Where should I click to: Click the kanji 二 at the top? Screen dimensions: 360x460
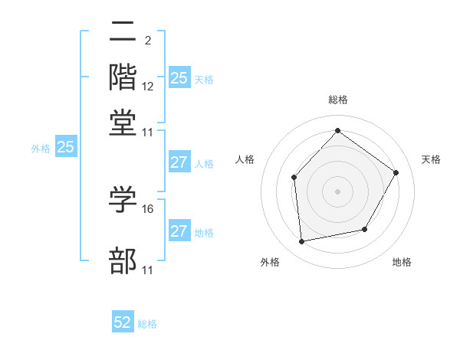[123, 33]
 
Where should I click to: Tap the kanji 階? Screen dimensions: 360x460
[123, 78]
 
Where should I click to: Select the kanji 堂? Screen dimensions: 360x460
[123, 123]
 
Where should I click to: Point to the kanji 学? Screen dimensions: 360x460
[123, 201]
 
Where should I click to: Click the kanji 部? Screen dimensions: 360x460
[123, 261]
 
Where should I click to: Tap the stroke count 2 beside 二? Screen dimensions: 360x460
[147, 41]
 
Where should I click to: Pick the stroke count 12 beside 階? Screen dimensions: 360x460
[148, 87]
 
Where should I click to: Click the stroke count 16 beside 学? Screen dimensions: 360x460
[148, 208]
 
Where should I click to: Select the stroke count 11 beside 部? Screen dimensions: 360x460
[148, 270]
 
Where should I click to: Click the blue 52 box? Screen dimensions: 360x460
[123, 323]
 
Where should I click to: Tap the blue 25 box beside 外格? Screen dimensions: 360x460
[65, 148]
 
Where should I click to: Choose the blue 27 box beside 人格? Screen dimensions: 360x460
[179, 162]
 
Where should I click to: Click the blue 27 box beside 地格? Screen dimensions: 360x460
[179, 231]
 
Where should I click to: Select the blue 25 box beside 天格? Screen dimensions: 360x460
[179, 78]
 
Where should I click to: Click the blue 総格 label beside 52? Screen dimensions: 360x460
[147, 324]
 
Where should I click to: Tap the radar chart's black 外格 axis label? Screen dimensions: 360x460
[270, 263]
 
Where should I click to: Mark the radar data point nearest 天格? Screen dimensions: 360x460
[396, 172]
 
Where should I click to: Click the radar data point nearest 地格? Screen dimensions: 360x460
[365, 229]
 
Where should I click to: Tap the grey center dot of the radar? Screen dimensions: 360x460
[337, 191]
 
